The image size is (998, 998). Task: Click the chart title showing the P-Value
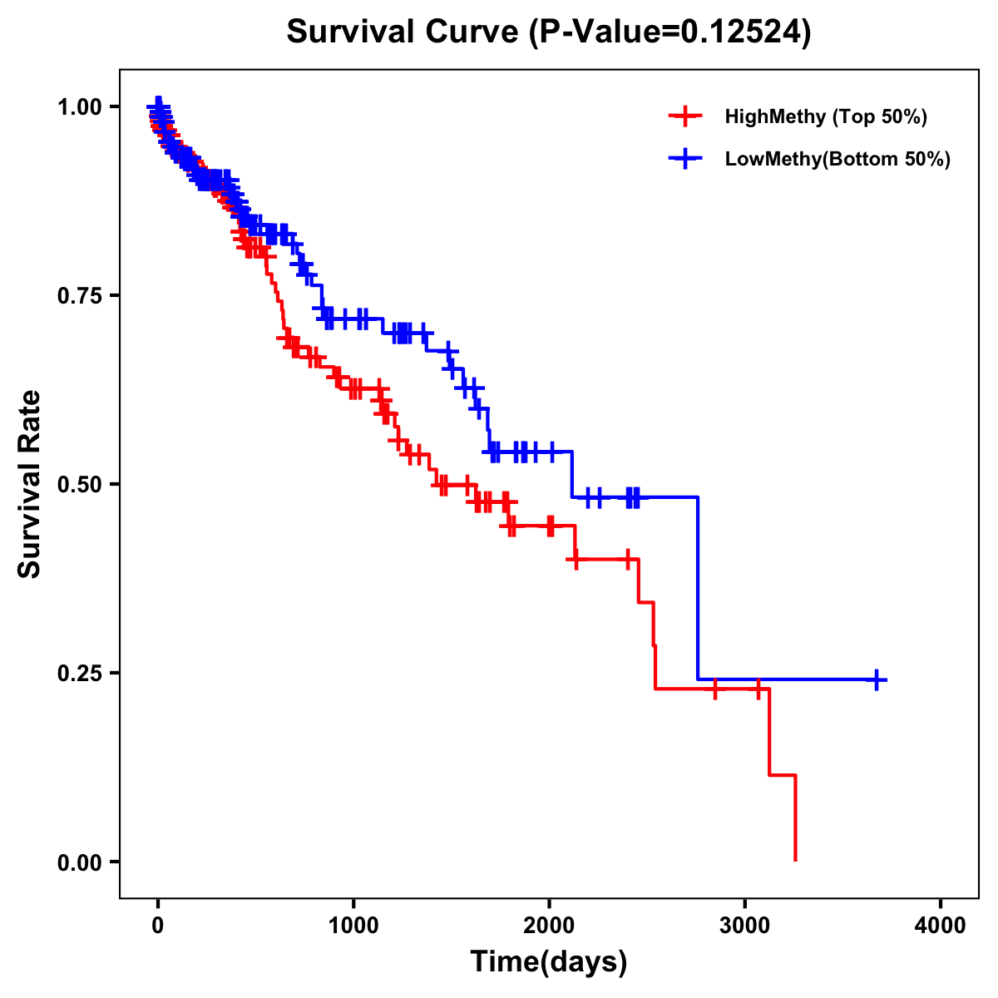548,32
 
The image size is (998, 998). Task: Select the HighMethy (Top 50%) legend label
826,116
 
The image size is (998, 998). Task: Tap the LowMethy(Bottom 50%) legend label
837,159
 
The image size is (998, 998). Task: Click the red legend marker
684,116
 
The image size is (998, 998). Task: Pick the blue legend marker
684,159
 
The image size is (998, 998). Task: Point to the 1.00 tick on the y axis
80,107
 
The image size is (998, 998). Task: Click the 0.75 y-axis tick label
80,296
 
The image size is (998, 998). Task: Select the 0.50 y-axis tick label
80,485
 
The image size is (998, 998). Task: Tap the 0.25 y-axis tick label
80,674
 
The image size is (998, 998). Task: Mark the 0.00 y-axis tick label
80,862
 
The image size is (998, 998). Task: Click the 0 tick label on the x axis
158,926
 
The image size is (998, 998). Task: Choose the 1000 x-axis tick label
353,926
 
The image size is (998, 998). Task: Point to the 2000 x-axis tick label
549,926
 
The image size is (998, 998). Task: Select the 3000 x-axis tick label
745,926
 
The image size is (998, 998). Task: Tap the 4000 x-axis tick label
941,926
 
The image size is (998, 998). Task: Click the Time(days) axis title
549,962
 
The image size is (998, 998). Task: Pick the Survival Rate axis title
31,484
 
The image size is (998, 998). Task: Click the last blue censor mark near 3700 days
877,679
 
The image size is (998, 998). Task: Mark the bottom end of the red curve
796,859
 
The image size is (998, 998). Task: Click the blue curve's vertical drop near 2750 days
698,590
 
